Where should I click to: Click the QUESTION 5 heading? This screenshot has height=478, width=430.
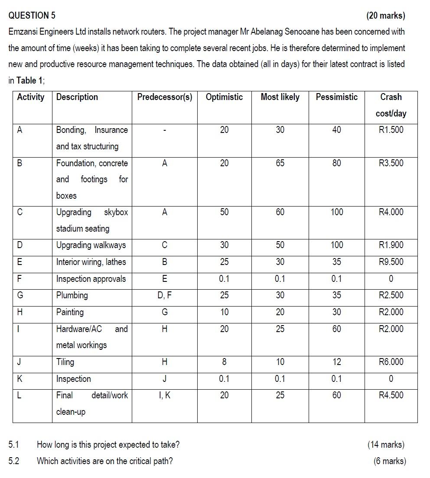pos(32,16)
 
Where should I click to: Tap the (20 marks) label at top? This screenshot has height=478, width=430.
pos(385,16)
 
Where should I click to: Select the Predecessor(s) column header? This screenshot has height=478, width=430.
pos(165,97)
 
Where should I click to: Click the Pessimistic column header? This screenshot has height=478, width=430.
pos(336,97)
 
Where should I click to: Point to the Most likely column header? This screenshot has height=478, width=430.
pos(280,97)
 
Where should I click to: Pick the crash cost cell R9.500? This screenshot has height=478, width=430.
pos(391,262)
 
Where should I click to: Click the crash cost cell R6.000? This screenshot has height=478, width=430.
pos(391,362)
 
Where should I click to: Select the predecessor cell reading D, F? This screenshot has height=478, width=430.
pos(165,295)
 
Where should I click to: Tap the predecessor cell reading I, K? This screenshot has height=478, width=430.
pos(165,395)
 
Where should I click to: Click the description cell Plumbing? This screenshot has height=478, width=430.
pos(72,295)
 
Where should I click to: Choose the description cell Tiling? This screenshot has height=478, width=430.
pos(65,362)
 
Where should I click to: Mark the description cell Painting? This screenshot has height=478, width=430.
pos(70,312)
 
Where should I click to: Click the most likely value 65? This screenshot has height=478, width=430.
pos(280,163)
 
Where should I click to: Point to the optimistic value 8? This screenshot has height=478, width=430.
pos(224,362)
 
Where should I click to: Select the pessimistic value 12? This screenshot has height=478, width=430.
pos(337,362)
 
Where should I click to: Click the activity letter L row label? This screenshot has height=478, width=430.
pos(19,395)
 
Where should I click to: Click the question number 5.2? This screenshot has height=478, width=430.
pos(14,461)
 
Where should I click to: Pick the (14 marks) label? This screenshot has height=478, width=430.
pos(385,445)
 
